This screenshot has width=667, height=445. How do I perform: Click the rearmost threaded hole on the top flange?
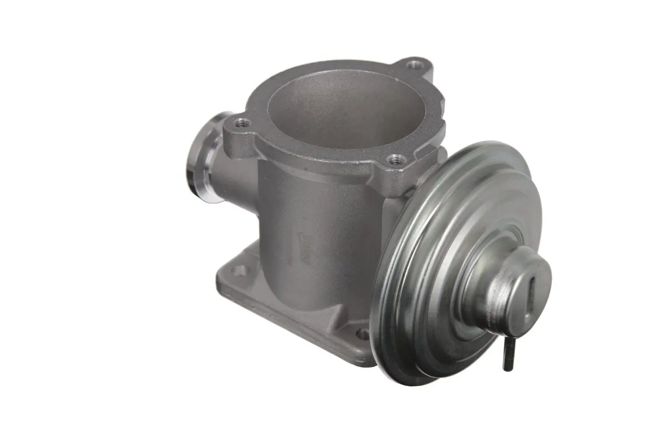414,66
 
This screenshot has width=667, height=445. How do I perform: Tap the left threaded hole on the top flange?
241,123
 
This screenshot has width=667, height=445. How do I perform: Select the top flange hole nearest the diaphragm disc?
395,160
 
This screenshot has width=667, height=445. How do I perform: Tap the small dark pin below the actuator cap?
507,356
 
